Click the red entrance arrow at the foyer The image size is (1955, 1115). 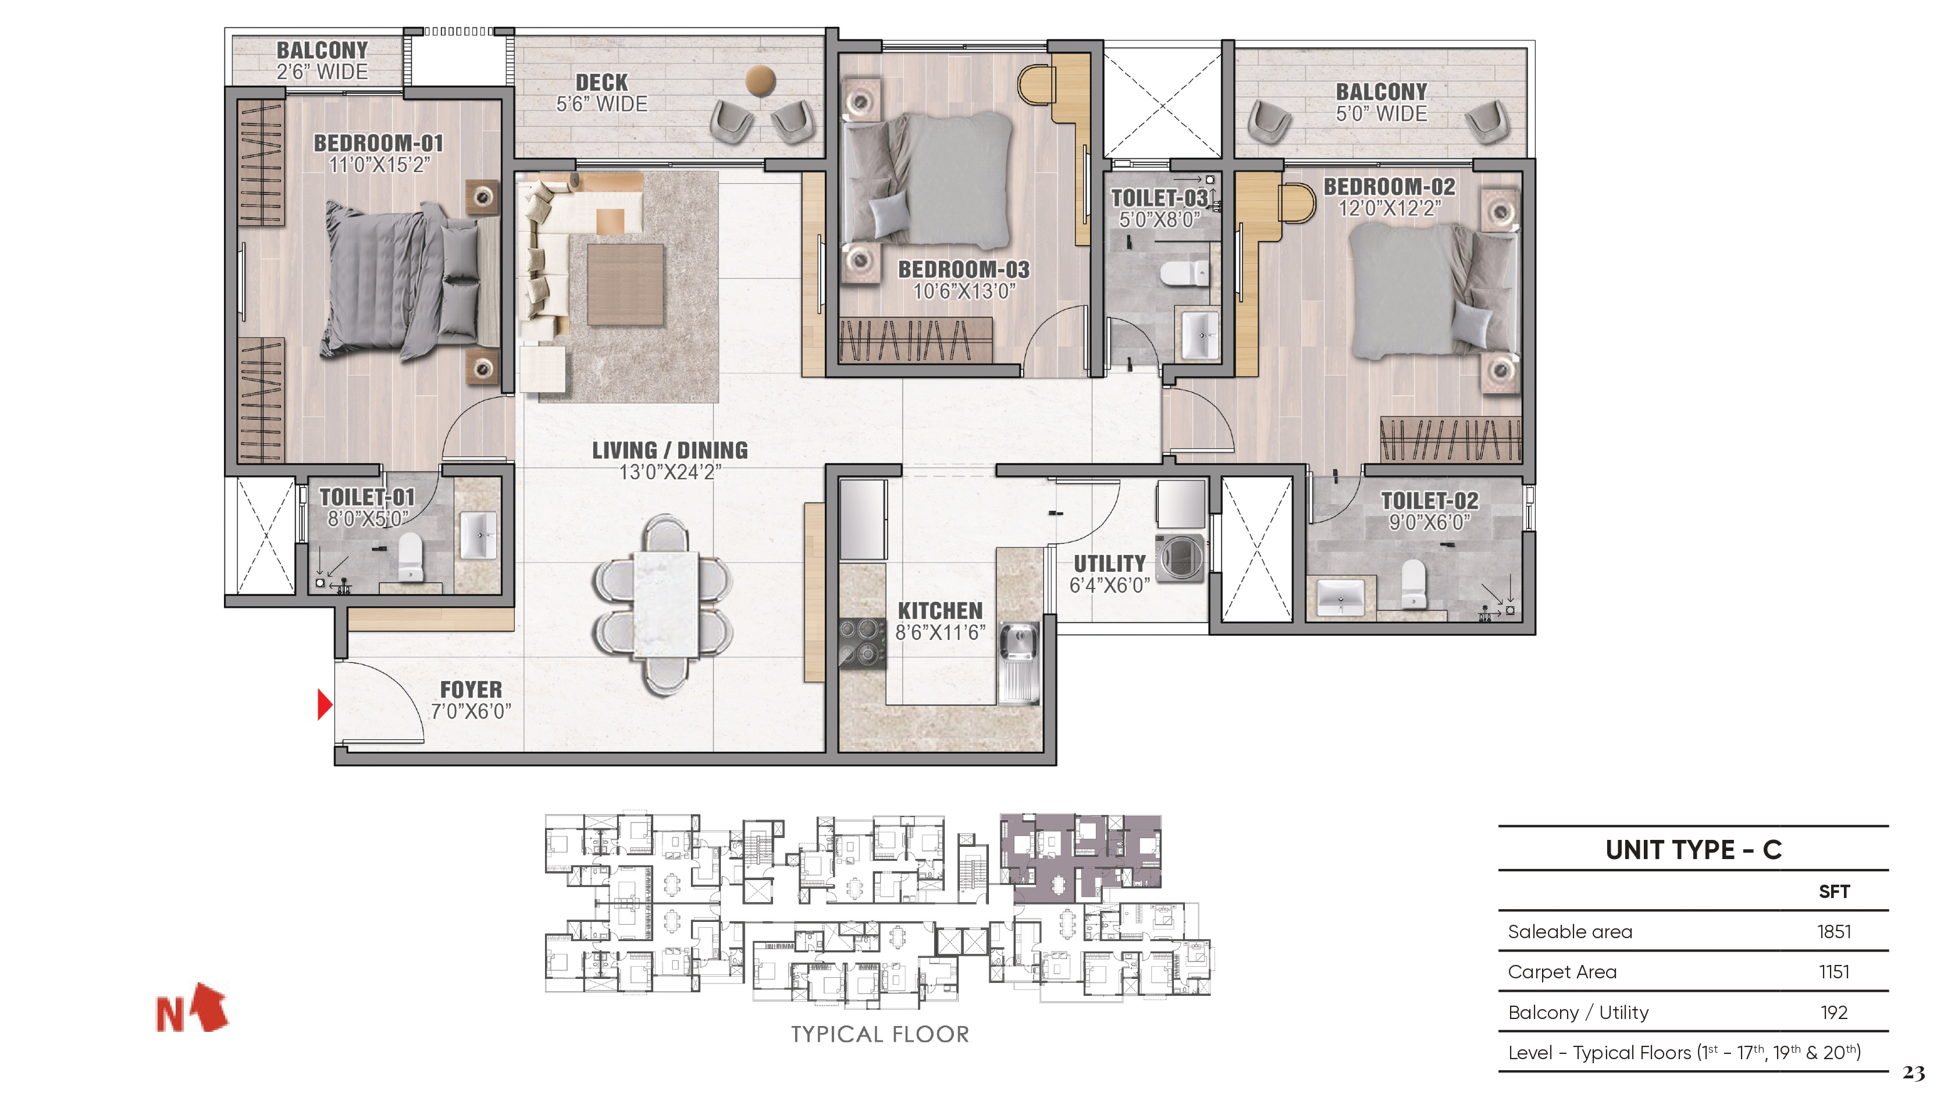pyautogui.click(x=325, y=704)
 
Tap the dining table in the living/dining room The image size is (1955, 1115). pyautogui.click(x=665, y=605)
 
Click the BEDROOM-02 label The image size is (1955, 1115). pyautogui.click(x=1389, y=186)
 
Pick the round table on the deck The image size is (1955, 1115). pyautogui.click(x=760, y=80)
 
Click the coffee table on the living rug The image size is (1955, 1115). pyautogui.click(x=625, y=284)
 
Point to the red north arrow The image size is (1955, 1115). pyautogui.click(x=211, y=1006)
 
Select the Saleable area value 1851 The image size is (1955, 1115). pyautogui.click(x=1834, y=931)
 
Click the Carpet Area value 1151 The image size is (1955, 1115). pyautogui.click(x=1834, y=972)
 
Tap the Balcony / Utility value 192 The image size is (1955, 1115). pyautogui.click(x=1834, y=1013)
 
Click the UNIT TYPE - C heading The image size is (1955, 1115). pyautogui.click(x=1693, y=849)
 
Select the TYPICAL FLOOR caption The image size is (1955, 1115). pyautogui.click(x=880, y=1035)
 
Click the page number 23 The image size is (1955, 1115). pyautogui.click(x=1914, y=1073)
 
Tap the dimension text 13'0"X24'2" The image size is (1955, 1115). pyautogui.click(x=670, y=472)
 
